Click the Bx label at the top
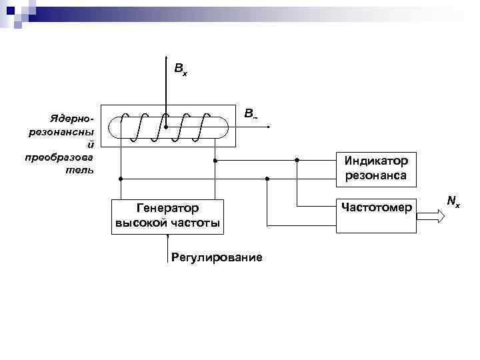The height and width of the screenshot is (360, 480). pos(180,69)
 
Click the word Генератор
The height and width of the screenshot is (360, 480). pos(167,209)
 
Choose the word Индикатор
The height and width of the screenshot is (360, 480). pos(376,161)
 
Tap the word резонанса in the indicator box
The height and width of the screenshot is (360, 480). pos(376,177)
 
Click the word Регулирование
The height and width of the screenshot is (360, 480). pos(217,257)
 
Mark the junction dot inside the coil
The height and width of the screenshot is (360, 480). pos(167,127)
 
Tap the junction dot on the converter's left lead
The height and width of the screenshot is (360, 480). pos(121,179)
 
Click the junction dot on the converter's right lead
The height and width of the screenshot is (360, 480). pos(215,161)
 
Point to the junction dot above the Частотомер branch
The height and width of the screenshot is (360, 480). pos(297,161)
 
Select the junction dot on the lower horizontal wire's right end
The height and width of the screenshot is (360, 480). pos(266,179)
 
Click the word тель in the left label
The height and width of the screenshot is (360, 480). pos(83,169)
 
